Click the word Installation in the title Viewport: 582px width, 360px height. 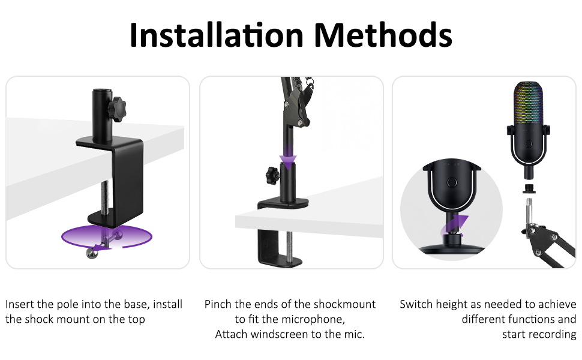[x=217, y=35]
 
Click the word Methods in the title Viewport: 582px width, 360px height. [x=383, y=35]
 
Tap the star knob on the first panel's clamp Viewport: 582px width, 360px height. [x=117, y=109]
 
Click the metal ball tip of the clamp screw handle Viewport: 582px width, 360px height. [x=91, y=253]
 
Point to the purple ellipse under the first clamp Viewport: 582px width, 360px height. [x=107, y=236]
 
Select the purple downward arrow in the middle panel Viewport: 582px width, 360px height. [x=288, y=156]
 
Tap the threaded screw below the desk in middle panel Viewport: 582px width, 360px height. [x=289, y=245]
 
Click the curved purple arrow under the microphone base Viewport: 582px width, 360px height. [x=454, y=225]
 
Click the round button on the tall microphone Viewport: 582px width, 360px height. [x=528, y=143]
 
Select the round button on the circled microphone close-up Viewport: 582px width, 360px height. [x=452, y=182]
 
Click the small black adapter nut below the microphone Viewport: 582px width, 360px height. [x=529, y=188]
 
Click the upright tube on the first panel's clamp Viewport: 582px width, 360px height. [x=102, y=115]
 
